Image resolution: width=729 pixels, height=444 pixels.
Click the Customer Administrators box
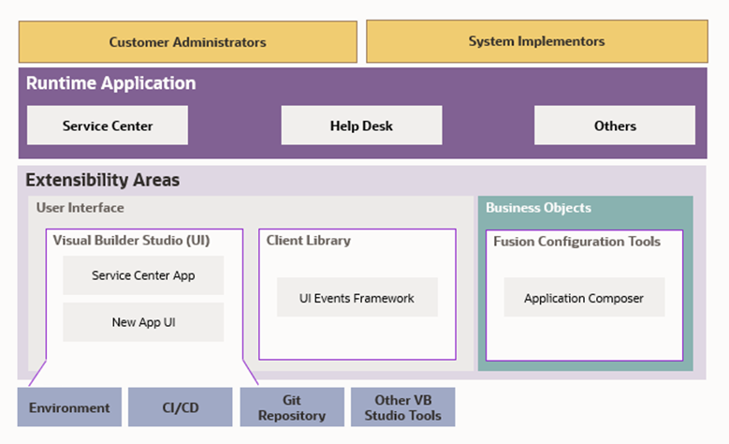coord(187,42)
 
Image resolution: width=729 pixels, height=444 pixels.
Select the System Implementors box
coord(536,41)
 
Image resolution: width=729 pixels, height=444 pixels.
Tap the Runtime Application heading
coord(110,83)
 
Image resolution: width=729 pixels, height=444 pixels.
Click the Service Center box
coord(108,126)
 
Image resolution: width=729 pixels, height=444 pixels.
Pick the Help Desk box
coord(361,126)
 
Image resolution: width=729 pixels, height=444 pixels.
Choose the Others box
coord(615,126)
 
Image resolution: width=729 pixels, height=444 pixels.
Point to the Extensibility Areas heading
coord(102,180)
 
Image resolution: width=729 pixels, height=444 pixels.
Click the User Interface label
coord(80,208)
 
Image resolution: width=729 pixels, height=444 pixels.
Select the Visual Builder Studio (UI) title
coord(131,241)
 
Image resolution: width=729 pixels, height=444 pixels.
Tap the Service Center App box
coord(143,275)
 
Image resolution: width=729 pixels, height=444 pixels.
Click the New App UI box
coord(143,322)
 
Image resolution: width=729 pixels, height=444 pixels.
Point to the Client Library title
coord(309,241)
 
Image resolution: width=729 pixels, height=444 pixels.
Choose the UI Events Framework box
coord(357,298)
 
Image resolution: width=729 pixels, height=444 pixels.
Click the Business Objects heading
coord(538,208)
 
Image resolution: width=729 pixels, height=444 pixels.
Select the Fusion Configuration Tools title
coord(576,242)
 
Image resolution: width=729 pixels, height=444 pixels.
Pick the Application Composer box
coord(584,298)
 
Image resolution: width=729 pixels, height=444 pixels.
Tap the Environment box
coord(69,407)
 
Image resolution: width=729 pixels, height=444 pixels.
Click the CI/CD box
coord(180,407)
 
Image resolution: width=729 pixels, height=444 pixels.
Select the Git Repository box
coord(292,407)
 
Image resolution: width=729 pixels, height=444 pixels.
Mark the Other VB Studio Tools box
coord(403,407)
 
